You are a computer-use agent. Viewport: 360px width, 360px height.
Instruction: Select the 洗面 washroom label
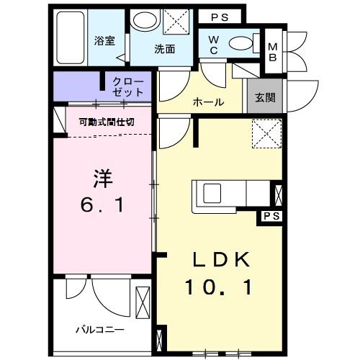pos(164,50)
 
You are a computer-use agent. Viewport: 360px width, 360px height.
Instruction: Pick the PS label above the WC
pos(221,16)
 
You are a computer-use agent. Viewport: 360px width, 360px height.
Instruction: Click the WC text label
pos(214,45)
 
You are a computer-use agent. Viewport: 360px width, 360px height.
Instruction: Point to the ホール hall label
pos(207,102)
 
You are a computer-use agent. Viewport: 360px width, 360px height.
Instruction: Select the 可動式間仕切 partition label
pos(106,122)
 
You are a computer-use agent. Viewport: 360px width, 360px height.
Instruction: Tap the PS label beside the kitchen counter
pos(271,216)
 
